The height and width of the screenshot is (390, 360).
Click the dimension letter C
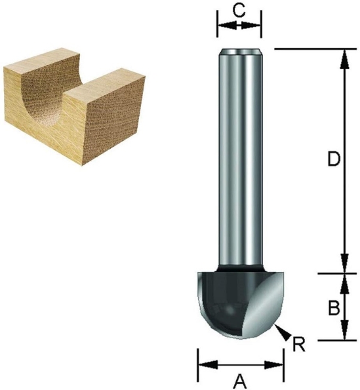click(239, 9)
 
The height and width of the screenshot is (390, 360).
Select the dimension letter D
click(334, 160)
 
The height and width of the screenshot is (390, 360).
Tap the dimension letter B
click(334, 305)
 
